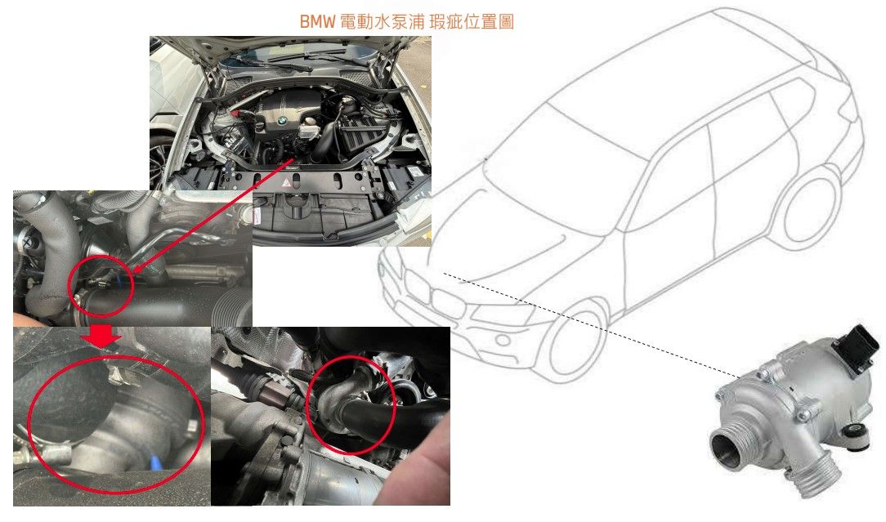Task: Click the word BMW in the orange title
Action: click(317, 21)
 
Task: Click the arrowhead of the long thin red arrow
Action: click(136, 270)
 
